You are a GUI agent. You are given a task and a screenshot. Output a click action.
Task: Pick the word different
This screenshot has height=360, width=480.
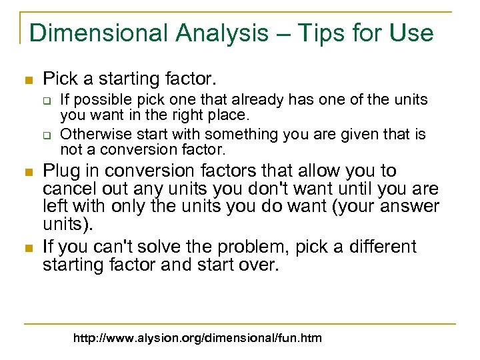click(385, 247)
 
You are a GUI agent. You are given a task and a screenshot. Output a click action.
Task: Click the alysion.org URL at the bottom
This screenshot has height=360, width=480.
click(197, 338)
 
